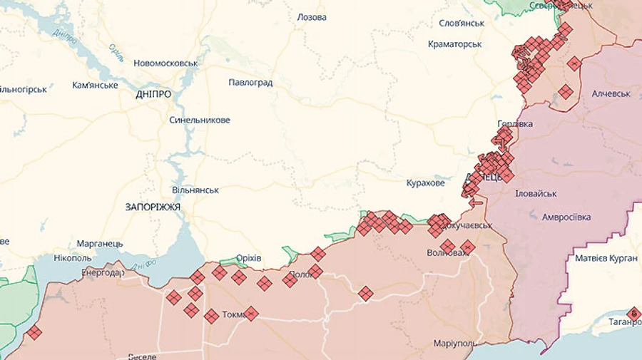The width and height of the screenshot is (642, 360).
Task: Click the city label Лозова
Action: point(312,17)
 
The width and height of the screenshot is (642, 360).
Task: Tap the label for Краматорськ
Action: point(455,44)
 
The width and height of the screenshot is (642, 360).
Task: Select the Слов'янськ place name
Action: point(462,24)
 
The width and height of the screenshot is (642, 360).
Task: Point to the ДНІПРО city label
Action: point(153,94)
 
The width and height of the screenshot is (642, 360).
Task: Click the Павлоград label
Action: point(250,83)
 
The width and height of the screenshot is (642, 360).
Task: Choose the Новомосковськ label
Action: point(165,63)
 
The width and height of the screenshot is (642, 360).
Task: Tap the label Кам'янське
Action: point(95,86)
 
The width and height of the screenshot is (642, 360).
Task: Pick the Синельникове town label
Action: point(200,120)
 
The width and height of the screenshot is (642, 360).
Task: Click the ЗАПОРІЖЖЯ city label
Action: point(153,207)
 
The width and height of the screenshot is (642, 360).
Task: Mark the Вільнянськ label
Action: point(195,191)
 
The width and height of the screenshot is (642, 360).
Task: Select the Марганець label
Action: point(99,244)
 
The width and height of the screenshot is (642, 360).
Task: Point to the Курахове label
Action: point(425,183)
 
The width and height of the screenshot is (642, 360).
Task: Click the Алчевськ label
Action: point(611,94)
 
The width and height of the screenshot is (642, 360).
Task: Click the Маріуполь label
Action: point(455,344)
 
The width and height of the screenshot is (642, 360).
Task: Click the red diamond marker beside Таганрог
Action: point(633,313)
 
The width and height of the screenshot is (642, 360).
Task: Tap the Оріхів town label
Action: point(248,258)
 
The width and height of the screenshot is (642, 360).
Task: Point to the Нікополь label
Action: point(72,257)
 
